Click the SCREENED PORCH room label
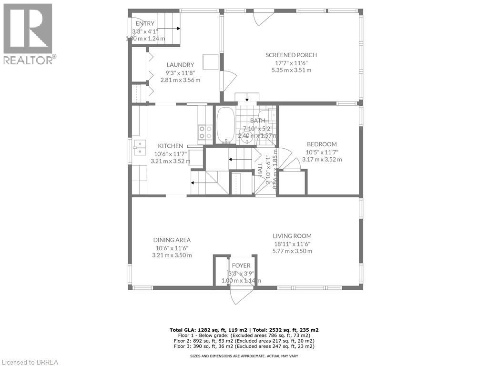(x=291, y=55)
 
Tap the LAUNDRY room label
(x=180, y=65)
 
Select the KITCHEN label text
(x=171, y=146)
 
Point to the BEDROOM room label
(x=322, y=144)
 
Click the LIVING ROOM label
(x=292, y=236)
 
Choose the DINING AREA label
(x=172, y=240)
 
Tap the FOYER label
(x=241, y=265)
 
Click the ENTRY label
(x=145, y=24)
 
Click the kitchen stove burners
(x=205, y=132)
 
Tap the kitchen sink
(x=140, y=148)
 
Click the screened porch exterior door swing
(x=263, y=18)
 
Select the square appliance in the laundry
(x=210, y=62)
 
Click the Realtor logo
(x=28, y=33)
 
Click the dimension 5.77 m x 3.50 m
(x=292, y=251)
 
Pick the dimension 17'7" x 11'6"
(x=291, y=62)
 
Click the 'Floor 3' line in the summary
(x=244, y=346)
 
